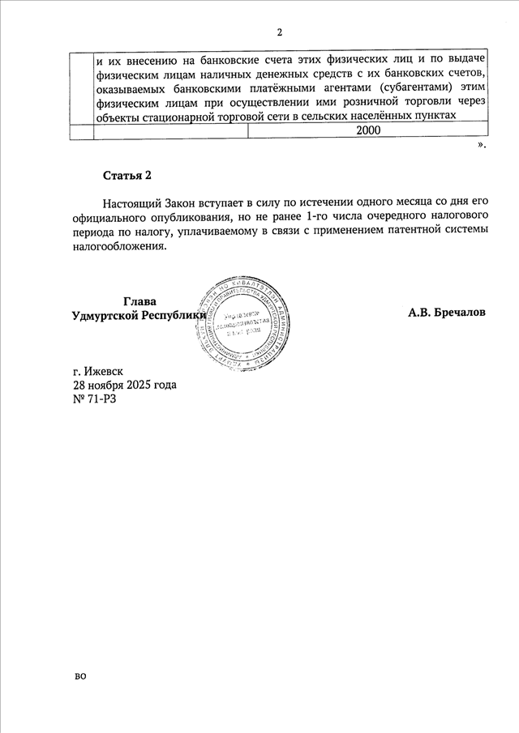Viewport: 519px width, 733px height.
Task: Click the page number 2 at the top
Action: pos(280,32)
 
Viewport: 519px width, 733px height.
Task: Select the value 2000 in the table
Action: pos(368,130)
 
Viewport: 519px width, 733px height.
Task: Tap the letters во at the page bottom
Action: pos(79,675)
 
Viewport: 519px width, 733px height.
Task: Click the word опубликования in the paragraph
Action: pos(176,216)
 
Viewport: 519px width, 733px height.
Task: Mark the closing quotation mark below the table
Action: pos(482,146)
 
